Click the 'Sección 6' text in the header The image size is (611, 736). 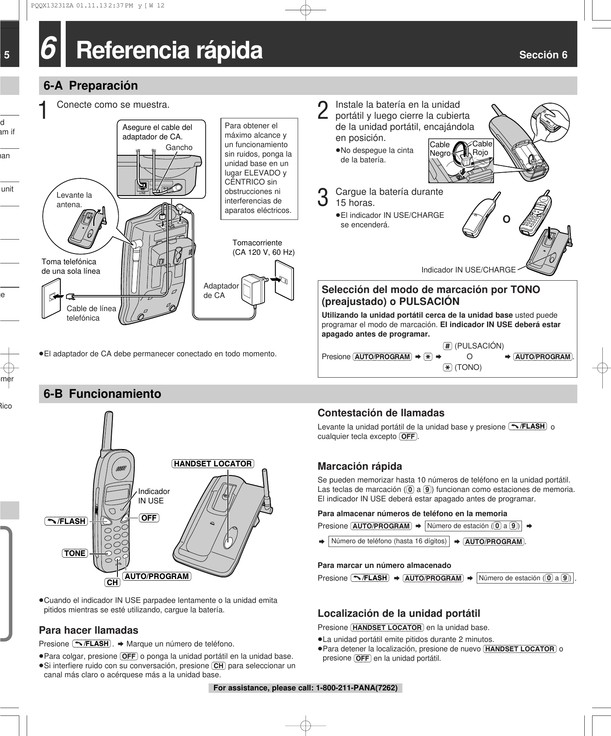[x=543, y=55]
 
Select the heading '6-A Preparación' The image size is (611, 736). [x=91, y=86]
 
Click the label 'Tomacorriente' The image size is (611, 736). [x=257, y=242]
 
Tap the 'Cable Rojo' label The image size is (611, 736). [x=482, y=148]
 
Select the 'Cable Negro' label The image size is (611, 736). [x=440, y=149]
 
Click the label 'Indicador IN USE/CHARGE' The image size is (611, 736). [x=468, y=270]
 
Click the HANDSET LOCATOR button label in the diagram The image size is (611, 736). [x=213, y=464]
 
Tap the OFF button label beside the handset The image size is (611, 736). [x=149, y=518]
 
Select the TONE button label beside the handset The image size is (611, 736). [x=75, y=553]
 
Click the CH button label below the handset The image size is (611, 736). [x=112, y=582]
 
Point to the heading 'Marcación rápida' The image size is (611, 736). [x=360, y=466]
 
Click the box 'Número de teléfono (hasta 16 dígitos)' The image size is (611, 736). [x=388, y=541]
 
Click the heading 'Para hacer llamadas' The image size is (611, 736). [x=88, y=630]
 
